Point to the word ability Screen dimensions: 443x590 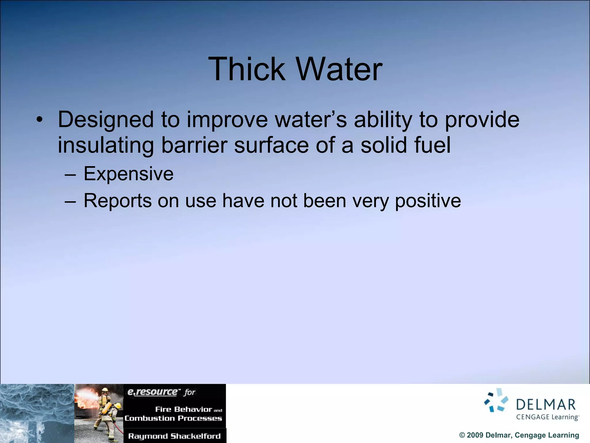383,120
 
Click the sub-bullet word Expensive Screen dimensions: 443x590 128,174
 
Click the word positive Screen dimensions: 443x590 428,201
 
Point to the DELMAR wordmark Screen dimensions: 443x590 546,405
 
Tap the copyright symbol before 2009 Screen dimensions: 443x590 462,435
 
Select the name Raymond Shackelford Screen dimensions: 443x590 174,436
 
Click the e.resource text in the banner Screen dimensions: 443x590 152,392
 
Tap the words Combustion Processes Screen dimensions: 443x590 173,418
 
